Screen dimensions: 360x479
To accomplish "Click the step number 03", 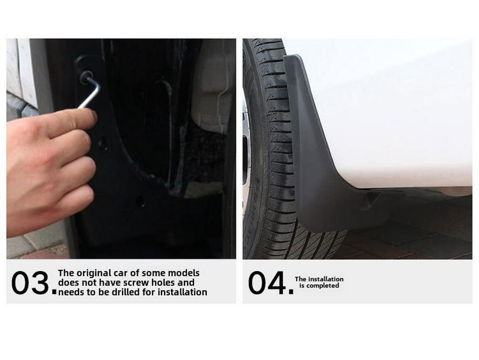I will (30, 283).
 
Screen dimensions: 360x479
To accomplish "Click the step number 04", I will (267, 283).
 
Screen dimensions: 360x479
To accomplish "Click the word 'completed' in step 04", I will (323, 286).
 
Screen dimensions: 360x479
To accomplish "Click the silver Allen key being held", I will (90, 93).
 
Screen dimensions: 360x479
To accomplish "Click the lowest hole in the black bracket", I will (139, 201).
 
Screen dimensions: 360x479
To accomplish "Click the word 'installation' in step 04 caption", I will (326, 279).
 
